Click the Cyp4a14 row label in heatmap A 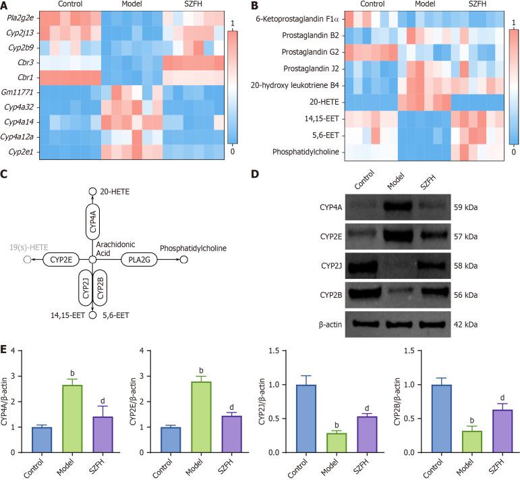[x=19, y=122]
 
